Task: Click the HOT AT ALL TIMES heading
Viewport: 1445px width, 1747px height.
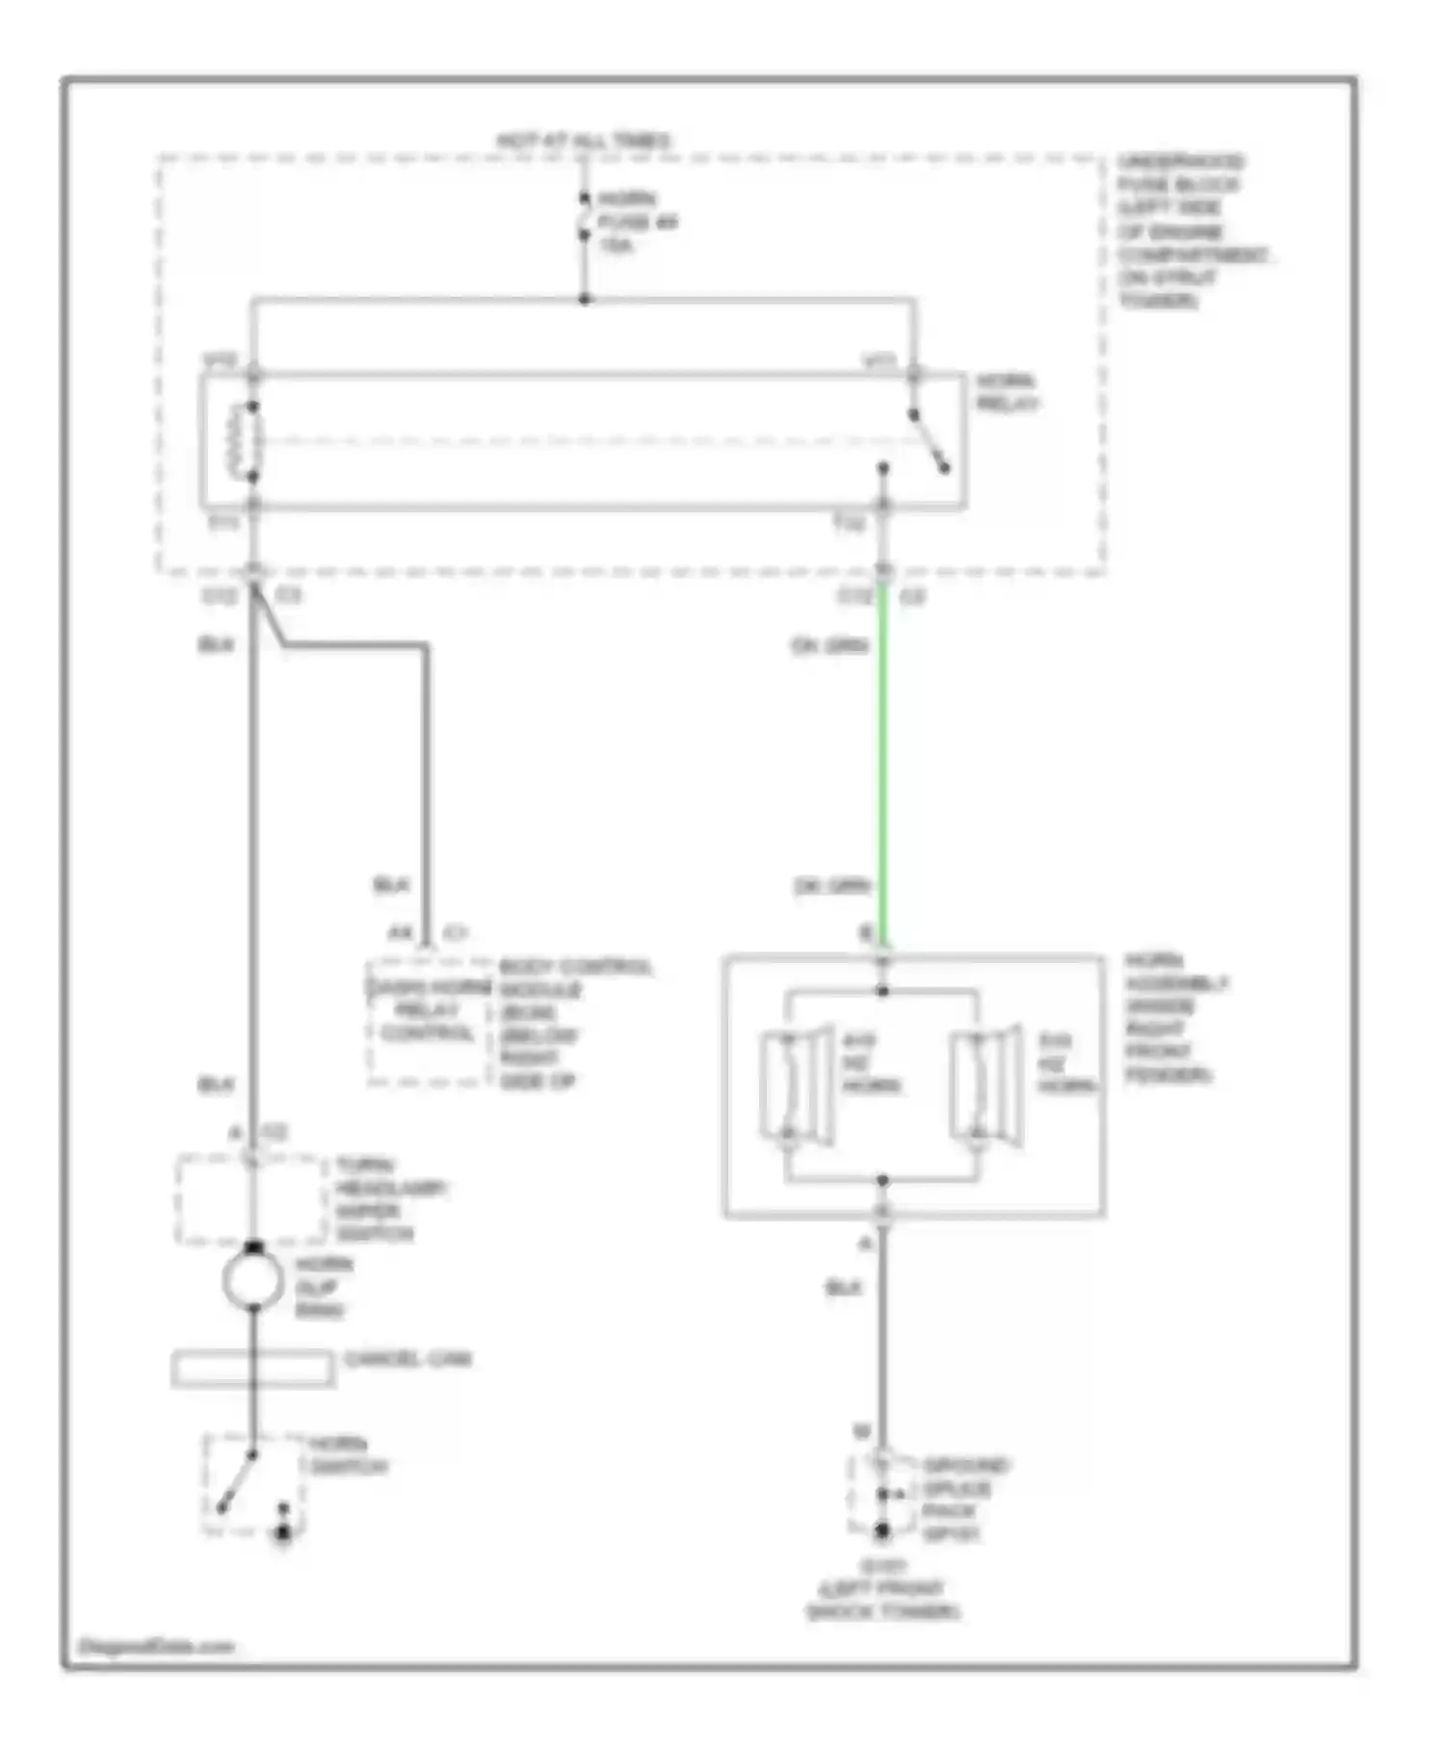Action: tap(584, 141)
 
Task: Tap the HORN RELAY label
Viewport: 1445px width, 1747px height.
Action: tap(1007, 392)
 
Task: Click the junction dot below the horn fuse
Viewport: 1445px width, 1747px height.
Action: tap(584, 300)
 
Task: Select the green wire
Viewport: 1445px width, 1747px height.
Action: tap(882, 770)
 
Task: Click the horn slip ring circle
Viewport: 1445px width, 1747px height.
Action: tap(252, 1280)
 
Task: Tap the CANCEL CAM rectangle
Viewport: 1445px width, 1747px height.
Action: tap(252, 1369)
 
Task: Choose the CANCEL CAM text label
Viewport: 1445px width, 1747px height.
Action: tap(407, 1359)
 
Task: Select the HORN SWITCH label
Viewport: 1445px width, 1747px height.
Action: tap(348, 1456)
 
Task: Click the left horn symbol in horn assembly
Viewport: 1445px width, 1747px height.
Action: tap(796, 1084)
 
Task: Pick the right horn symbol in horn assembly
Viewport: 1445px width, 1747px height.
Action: tap(985, 1084)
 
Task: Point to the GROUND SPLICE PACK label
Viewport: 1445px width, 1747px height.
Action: tap(964, 1499)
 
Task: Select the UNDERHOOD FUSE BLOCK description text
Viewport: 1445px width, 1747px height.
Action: tap(1191, 231)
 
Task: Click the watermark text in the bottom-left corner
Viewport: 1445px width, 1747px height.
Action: tap(157, 1646)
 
